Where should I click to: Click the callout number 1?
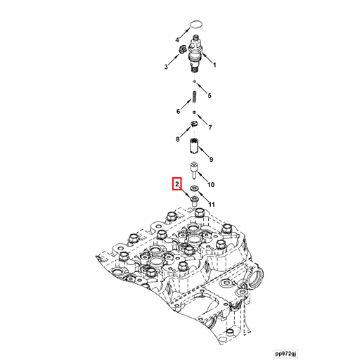(x=214, y=65)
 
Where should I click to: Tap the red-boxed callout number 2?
(x=177, y=184)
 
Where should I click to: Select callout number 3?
(x=166, y=67)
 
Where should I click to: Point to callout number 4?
(x=177, y=40)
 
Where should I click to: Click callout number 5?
(x=210, y=96)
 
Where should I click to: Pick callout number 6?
(x=178, y=111)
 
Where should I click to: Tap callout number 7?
(x=210, y=127)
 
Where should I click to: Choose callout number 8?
(x=178, y=139)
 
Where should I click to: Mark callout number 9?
(x=211, y=160)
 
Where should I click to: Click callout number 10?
(x=211, y=185)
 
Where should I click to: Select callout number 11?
(x=212, y=205)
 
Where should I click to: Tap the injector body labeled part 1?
(x=195, y=54)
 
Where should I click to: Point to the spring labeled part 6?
(x=195, y=97)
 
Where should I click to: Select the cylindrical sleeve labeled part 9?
(x=194, y=146)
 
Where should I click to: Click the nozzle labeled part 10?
(x=194, y=171)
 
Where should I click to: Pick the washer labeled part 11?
(x=194, y=188)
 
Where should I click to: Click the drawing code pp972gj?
(x=285, y=354)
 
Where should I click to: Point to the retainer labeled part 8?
(x=195, y=124)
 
